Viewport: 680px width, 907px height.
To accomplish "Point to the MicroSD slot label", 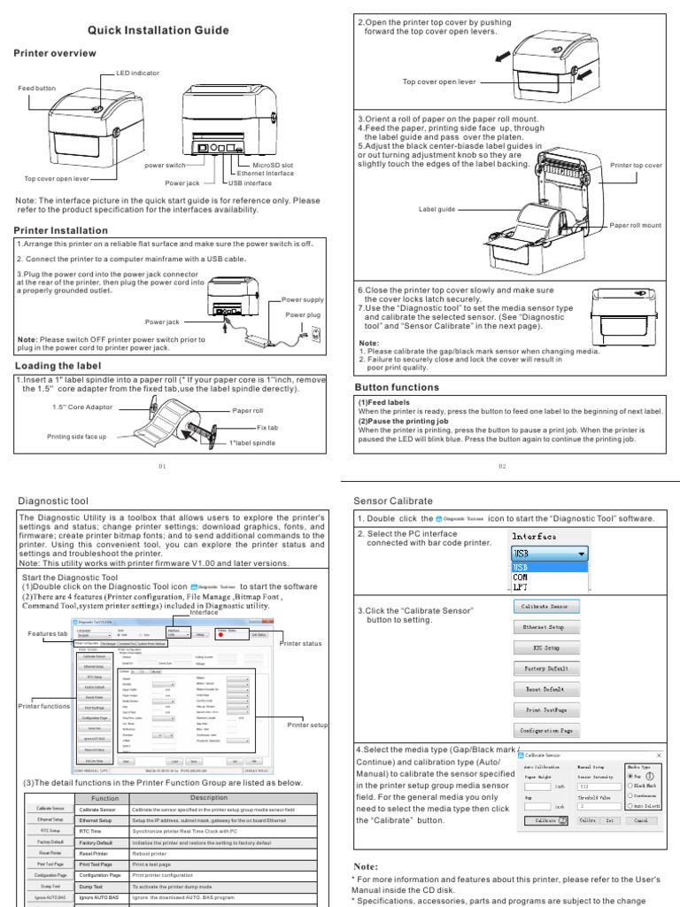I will [274, 166].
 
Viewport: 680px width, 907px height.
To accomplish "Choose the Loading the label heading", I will [58, 365].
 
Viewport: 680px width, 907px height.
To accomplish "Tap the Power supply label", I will [303, 300].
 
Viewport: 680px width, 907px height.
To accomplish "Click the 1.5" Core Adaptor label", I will [82, 407].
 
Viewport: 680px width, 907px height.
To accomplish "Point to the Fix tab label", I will [267, 428].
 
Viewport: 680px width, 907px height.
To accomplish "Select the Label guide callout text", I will [437, 209].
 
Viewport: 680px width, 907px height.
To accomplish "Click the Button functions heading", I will [396, 387].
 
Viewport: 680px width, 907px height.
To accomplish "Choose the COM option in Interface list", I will [521, 577].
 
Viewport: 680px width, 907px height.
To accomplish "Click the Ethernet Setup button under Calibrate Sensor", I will [547, 626].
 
